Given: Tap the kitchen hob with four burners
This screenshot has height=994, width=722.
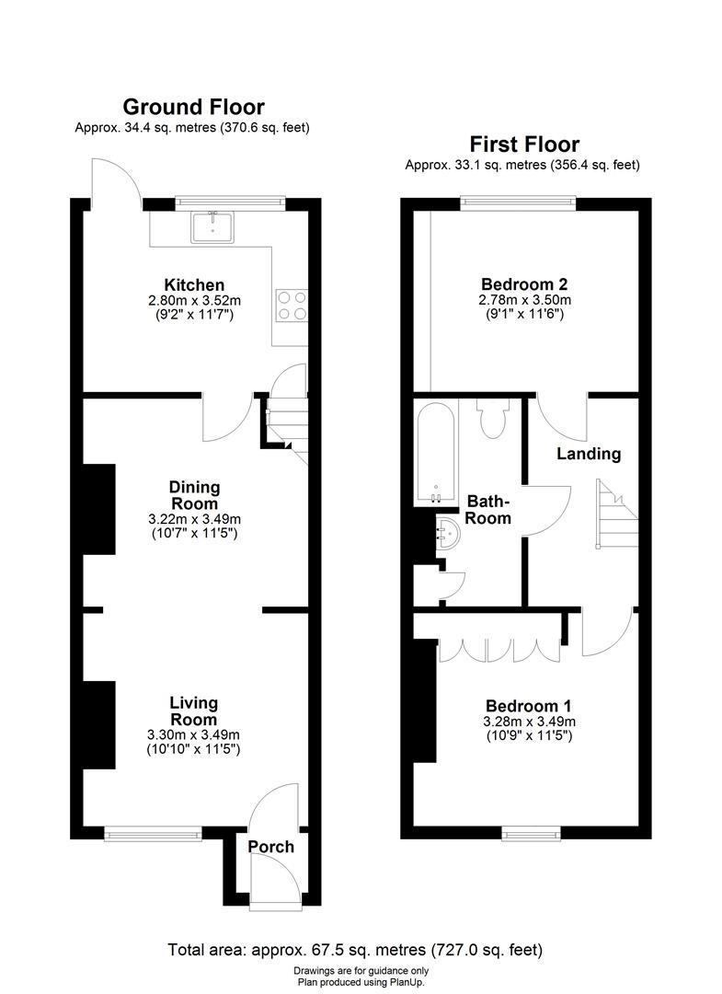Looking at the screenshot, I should pyautogui.click(x=292, y=306).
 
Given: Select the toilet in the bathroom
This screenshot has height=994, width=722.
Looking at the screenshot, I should pyautogui.click(x=488, y=418).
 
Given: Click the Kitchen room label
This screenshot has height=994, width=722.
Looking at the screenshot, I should pyautogui.click(x=194, y=285).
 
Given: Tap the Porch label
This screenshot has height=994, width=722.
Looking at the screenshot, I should pyautogui.click(x=271, y=847).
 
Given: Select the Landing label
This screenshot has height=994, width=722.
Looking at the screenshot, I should pyautogui.click(x=589, y=454).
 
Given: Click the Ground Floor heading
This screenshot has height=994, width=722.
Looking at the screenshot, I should pyautogui.click(x=193, y=108).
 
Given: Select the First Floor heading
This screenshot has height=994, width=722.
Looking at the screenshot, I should pyautogui.click(x=524, y=144).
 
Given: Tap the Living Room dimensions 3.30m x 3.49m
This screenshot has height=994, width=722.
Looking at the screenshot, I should pyautogui.click(x=193, y=734).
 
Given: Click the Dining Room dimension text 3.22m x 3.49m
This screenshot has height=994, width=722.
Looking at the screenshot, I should pyautogui.click(x=193, y=519).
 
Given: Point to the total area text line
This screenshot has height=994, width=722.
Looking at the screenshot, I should pyautogui.click(x=355, y=949).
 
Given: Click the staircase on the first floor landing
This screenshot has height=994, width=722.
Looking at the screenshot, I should pyautogui.click(x=615, y=515).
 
